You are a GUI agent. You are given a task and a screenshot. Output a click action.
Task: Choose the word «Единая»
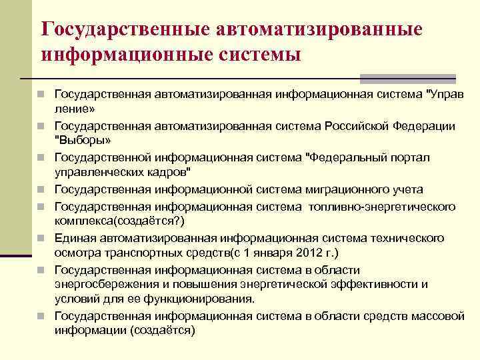point(73,238)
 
